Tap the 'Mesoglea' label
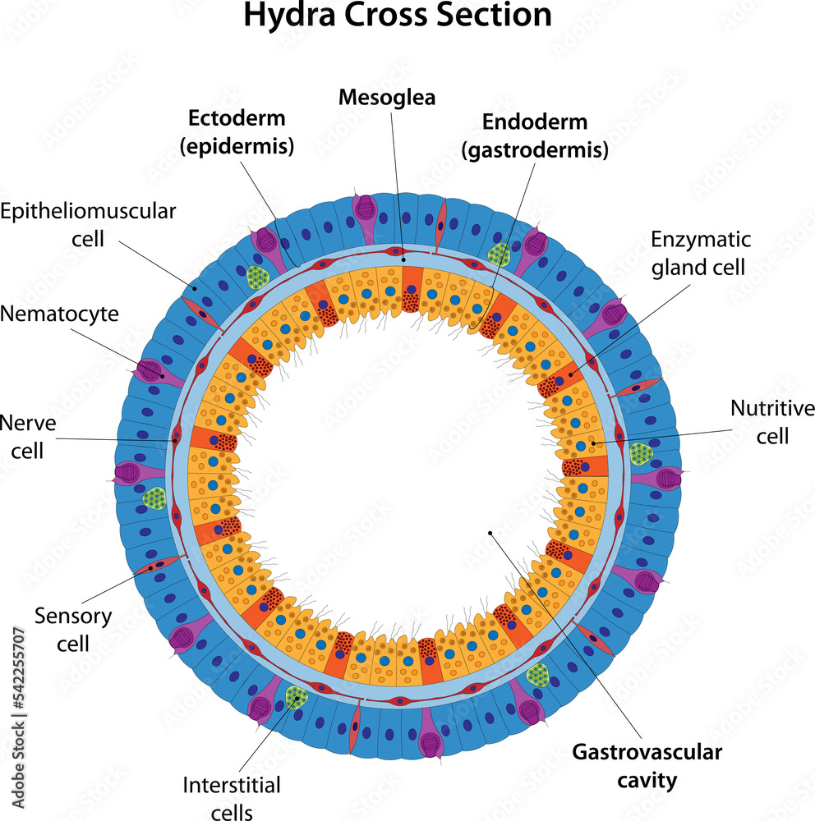pyautogui.click(x=387, y=98)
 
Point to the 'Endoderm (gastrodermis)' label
pyautogui.click(x=534, y=135)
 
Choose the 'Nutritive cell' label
pyautogui.click(x=771, y=421)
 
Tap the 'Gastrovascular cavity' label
pyautogui.click(x=647, y=764)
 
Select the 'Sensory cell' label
pyautogui.click(x=73, y=628)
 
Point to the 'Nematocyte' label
pyautogui.click(x=59, y=313)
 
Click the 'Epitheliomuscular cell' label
pyautogui.click(x=88, y=224)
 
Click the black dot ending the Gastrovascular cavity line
pyautogui.click(x=490, y=533)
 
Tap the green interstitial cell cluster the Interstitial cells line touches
pyautogui.click(x=296, y=698)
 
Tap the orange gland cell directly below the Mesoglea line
pyautogui.click(x=411, y=287)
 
